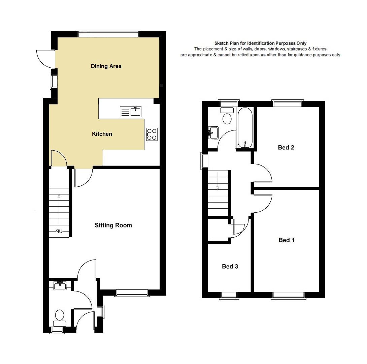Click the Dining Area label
pos(106,66)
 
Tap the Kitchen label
pos(102,134)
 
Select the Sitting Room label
pos(113,225)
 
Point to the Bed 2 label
pos(286,148)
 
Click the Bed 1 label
pos(287,240)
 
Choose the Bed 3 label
pos(230,267)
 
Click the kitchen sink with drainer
pos(131,112)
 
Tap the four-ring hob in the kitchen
pos(152,134)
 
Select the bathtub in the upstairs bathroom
pos(245,128)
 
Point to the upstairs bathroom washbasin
pos(213,133)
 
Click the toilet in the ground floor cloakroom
pos(60,318)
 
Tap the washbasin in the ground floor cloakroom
pos(60,285)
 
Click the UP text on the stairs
pos(59,232)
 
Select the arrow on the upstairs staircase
pos(218,181)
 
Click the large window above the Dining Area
pos(108,34)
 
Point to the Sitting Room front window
pos(132,293)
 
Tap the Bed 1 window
pos(289,296)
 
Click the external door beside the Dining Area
pos(46,59)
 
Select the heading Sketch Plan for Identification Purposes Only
pos(260,43)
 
